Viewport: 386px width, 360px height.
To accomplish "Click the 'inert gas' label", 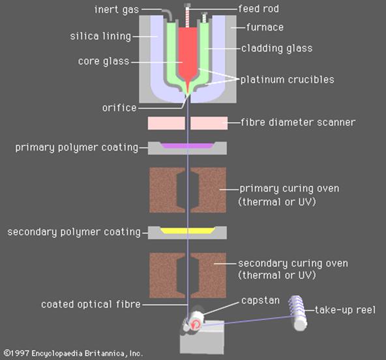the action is (117, 10).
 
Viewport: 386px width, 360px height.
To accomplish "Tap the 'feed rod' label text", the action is (258, 9).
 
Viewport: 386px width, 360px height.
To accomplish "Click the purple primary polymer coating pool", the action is (187, 146).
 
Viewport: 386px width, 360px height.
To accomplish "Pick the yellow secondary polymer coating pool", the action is (187, 231).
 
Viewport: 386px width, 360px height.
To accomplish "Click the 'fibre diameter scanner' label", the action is (298, 122).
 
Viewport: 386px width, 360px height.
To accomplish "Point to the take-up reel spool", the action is (298, 313).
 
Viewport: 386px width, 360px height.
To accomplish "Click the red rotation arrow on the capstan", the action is (196, 324).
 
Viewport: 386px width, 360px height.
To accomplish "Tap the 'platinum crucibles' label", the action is (288, 80).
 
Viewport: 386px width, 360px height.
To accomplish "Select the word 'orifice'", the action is (119, 108).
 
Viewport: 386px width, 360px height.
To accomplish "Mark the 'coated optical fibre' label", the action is (91, 305).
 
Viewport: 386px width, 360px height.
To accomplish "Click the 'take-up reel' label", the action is (345, 310).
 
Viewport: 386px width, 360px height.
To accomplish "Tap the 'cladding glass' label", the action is (276, 48).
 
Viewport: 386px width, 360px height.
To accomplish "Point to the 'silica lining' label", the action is (100, 37).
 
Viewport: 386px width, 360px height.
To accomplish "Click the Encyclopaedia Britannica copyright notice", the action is (74, 353).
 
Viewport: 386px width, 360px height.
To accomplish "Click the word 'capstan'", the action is (260, 301).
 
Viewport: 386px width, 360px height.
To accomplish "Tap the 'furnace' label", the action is (265, 27).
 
